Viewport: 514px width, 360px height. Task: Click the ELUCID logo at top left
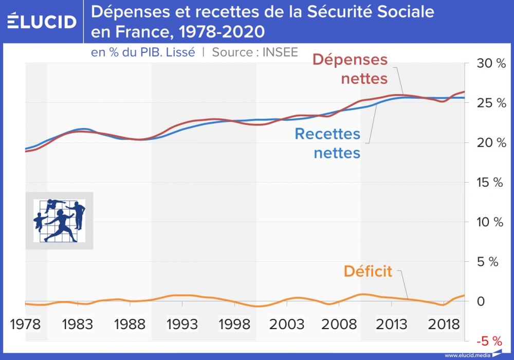(42, 22)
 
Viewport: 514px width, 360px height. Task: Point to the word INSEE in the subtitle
(280, 52)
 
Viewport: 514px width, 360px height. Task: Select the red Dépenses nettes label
(350, 69)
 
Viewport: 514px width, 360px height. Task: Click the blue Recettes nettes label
(327, 143)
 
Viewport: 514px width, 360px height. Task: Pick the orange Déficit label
(368, 271)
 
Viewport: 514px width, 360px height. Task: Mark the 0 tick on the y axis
(481, 301)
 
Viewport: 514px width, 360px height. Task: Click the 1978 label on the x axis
(26, 325)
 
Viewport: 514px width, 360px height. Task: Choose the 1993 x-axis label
(182, 325)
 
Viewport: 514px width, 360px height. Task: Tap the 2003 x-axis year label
(287, 325)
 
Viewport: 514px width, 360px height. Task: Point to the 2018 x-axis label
(444, 325)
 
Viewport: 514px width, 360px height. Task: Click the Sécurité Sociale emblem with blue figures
(59, 221)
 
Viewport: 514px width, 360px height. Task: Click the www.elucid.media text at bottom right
(467, 355)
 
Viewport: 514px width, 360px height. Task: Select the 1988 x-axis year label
(130, 325)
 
